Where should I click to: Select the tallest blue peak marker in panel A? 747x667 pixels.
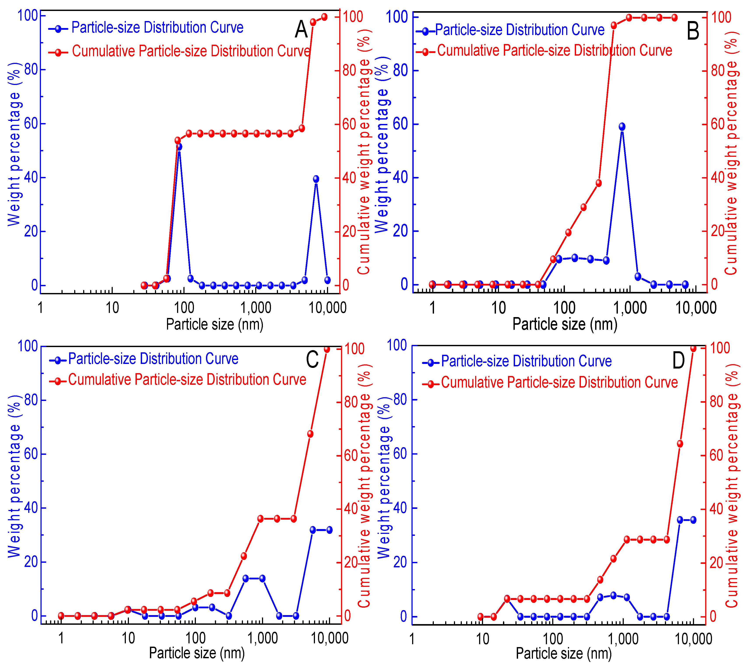179,146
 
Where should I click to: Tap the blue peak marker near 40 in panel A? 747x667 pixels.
316,179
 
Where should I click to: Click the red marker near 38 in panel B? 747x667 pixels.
599,183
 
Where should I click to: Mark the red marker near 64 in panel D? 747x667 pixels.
680,444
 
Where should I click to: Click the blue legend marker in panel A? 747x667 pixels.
58,29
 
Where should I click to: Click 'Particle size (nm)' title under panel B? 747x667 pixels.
564,324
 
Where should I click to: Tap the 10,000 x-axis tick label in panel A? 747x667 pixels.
327,308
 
